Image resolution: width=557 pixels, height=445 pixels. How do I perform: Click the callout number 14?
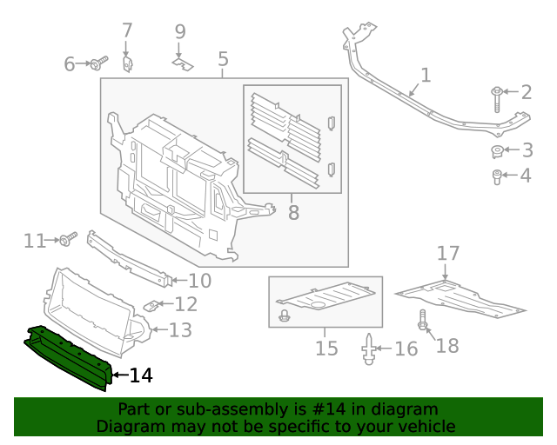[141, 375]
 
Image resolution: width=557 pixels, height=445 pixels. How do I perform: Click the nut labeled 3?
[497, 153]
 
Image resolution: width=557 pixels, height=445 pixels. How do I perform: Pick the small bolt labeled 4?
[496, 178]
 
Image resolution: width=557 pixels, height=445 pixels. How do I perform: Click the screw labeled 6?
[97, 63]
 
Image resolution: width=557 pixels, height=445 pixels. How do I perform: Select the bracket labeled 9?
[181, 62]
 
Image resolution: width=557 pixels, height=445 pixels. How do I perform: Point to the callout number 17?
[447, 254]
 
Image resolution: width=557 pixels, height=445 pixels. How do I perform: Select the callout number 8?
[292, 211]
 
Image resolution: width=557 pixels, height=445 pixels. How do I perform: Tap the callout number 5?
[223, 59]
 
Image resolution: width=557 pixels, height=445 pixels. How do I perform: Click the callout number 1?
[425, 76]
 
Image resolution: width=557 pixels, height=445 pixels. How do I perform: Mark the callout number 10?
[199, 280]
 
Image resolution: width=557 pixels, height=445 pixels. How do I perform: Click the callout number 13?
[179, 329]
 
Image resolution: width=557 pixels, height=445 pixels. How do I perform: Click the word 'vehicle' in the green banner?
[425, 426]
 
